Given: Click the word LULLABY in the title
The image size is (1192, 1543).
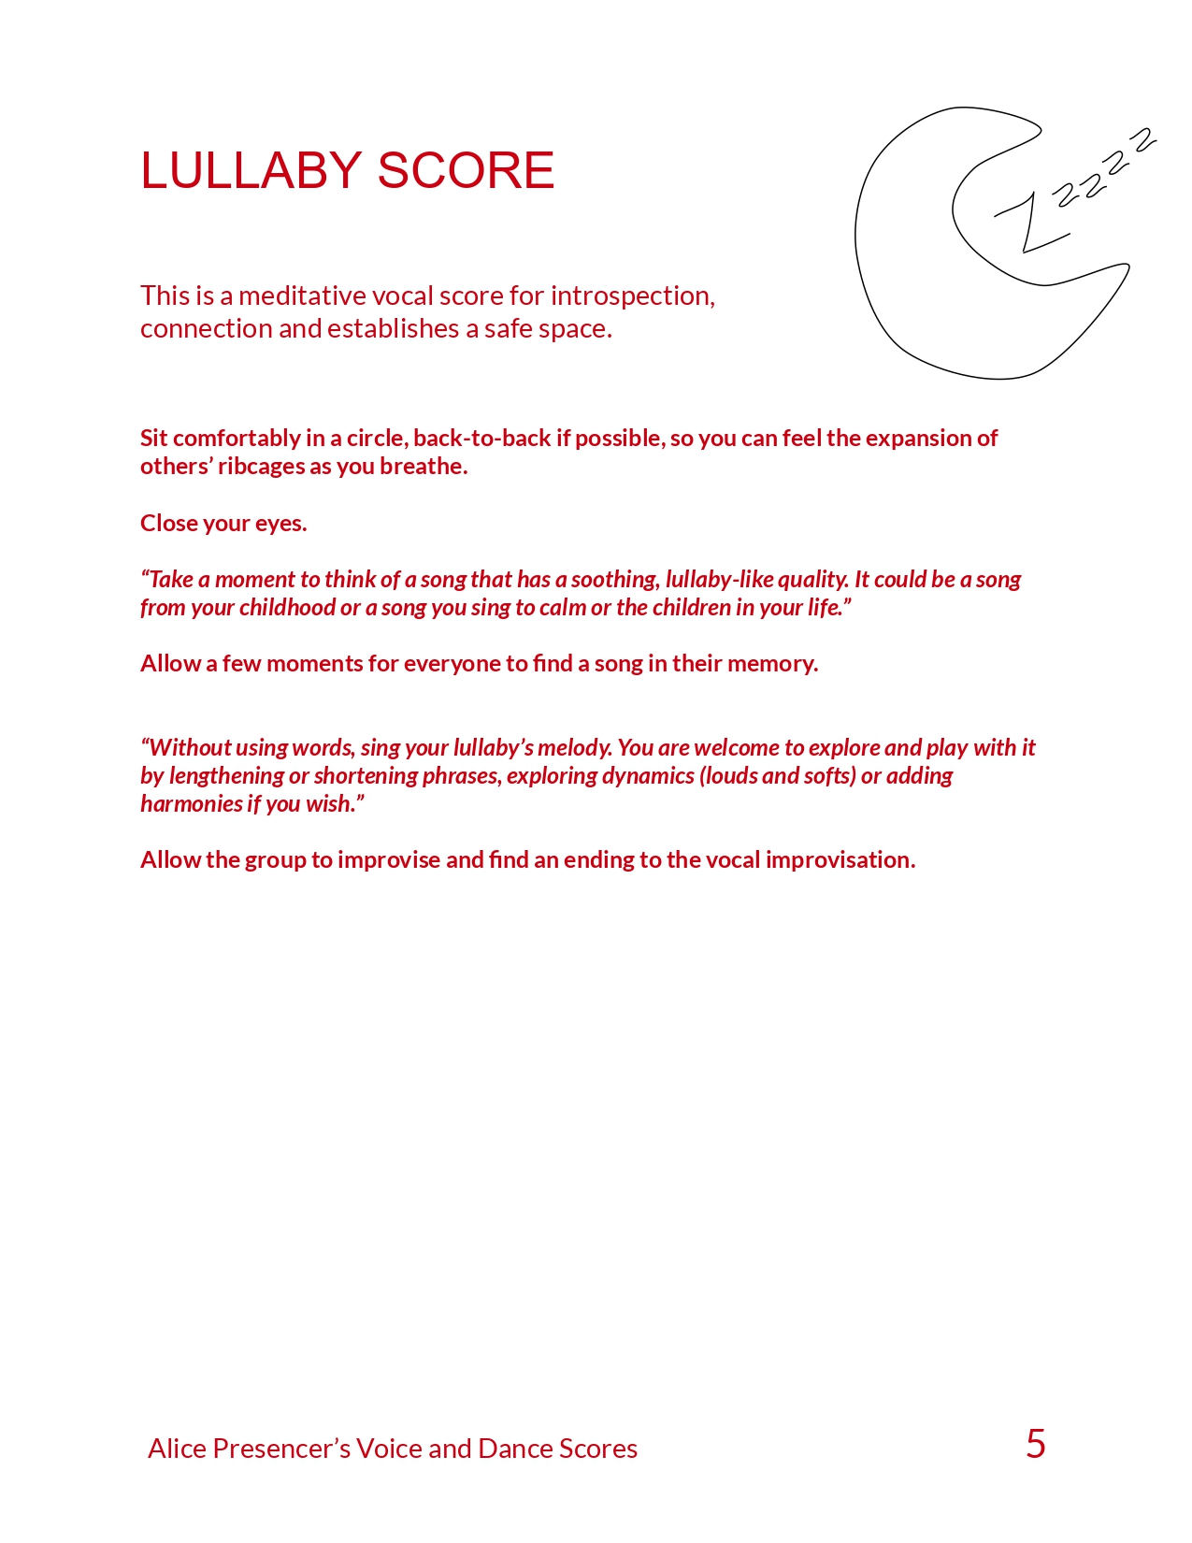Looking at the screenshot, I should [251, 170].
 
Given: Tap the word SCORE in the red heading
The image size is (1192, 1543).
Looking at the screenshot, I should [466, 170].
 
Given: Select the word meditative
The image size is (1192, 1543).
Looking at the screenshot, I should [302, 296].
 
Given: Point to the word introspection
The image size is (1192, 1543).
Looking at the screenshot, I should [633, 296].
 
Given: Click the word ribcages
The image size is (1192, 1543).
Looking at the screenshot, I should [261, 467].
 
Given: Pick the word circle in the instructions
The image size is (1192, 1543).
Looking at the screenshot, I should [377, 439].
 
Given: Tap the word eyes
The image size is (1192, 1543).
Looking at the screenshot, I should [280, 523].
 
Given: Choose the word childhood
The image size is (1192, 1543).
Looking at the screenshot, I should [287, 608].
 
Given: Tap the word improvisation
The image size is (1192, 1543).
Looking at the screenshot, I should [840, 860].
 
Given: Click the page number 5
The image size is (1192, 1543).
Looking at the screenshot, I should [1035, 1445].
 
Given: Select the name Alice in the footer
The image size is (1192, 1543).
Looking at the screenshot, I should [178, 1449].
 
